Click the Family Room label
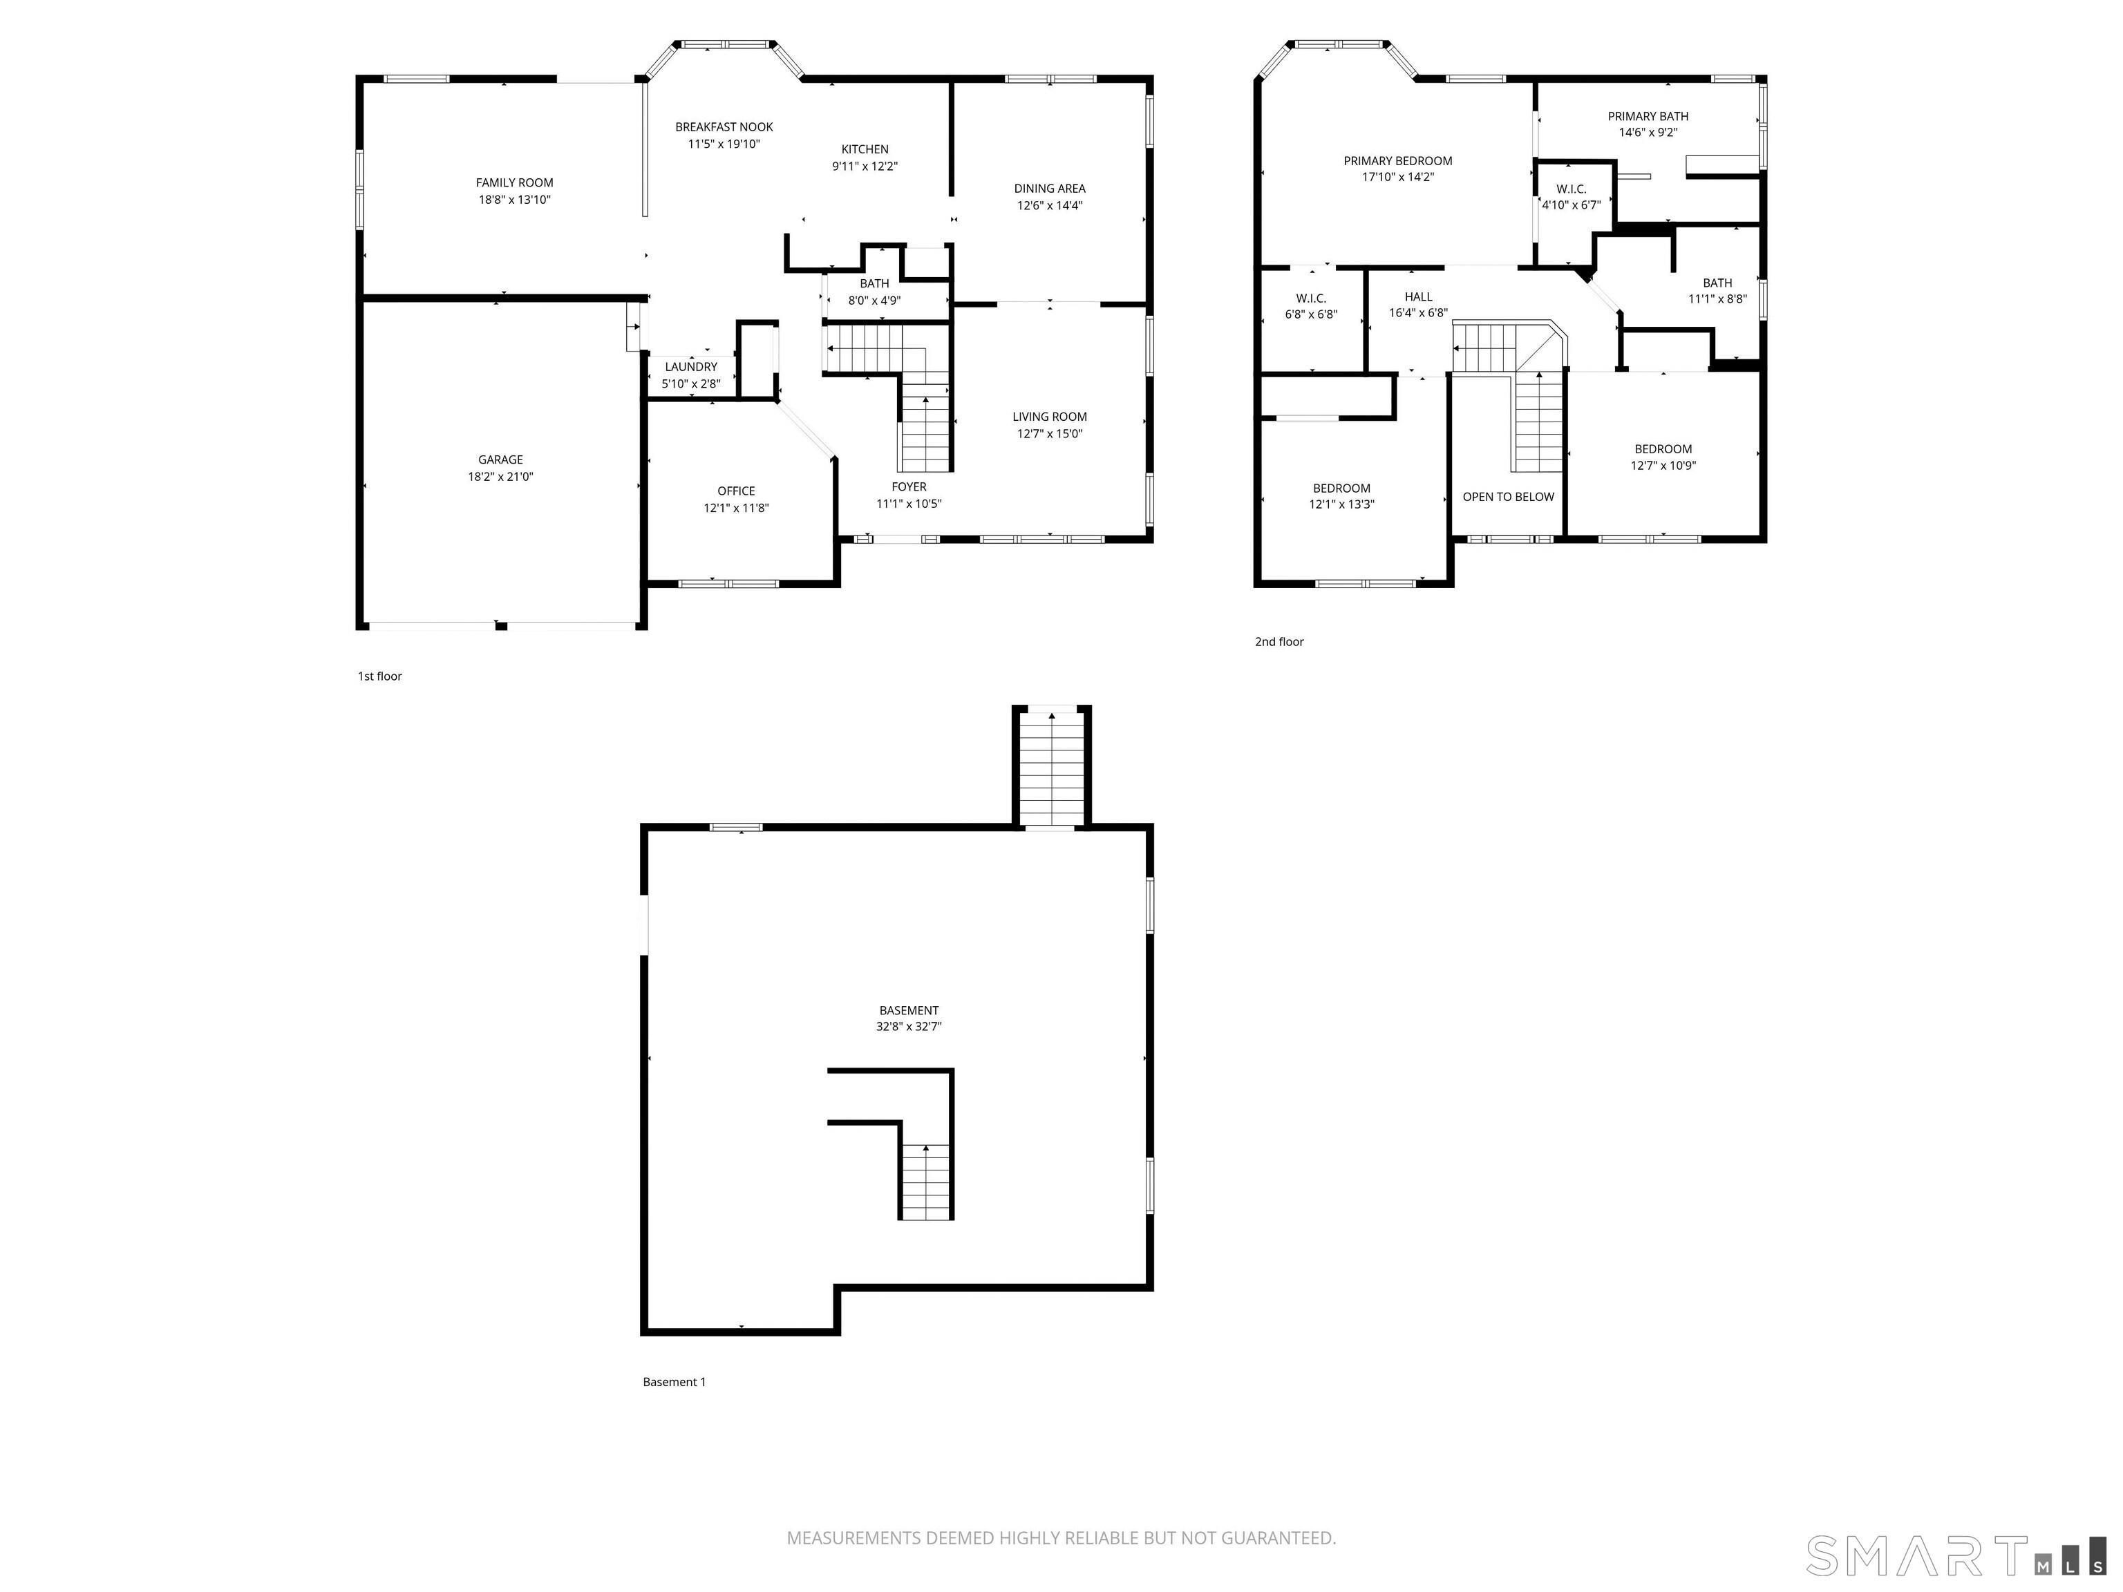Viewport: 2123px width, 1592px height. click(514, 182)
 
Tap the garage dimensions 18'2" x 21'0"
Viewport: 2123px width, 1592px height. click(500, 477)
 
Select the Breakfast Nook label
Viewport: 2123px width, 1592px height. click(724, 126)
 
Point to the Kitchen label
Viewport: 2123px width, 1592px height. click(865, 149)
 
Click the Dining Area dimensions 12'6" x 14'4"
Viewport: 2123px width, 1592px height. click(1049, 205)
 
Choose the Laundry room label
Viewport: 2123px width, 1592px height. click(690, 367)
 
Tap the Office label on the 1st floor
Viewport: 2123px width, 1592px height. click(736, 491)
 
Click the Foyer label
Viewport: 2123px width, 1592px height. click(908, 486)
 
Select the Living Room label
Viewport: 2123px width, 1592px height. click(1049, 417)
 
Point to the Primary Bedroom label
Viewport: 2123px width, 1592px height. click(1397, 160)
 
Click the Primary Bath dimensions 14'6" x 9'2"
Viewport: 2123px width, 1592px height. click(1648, 133)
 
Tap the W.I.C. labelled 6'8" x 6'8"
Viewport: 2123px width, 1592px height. click(1311, 306)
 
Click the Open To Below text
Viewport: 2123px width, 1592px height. click(1508, 496)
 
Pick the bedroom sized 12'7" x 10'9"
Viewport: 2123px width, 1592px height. click(1663, 457)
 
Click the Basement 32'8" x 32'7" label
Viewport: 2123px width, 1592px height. click(908, 1018)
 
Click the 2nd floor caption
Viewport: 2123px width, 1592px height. click(1278, 642)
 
